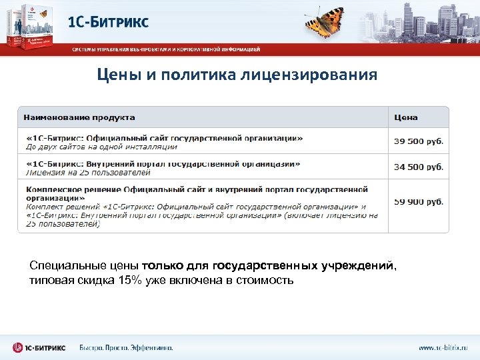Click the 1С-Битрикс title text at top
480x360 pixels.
(108, 23)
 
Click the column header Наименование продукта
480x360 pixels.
(79, 117)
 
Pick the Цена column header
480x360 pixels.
(406, 117)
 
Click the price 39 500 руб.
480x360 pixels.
(419, 141)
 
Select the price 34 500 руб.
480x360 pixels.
(419, 167)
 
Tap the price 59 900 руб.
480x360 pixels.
(419, 201)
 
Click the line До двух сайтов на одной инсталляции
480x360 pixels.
(101, 147)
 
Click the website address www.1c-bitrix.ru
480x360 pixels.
(443, 347)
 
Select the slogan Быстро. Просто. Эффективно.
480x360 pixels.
(126, 347)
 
